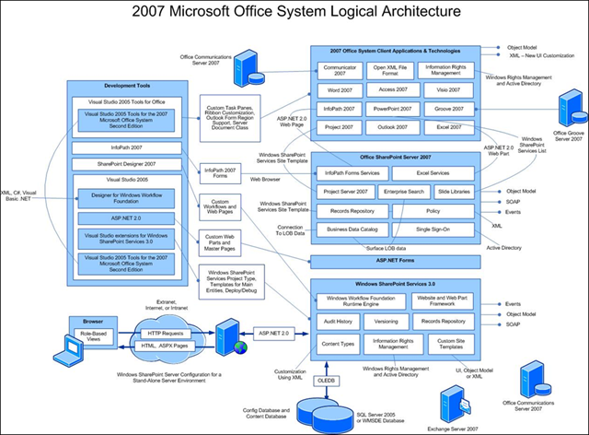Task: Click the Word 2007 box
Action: (341, 91)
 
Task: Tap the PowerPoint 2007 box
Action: (393, 108)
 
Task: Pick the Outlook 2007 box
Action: (393, 127)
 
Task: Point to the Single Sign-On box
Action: (433, 228)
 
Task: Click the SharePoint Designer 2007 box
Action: (128, 162)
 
